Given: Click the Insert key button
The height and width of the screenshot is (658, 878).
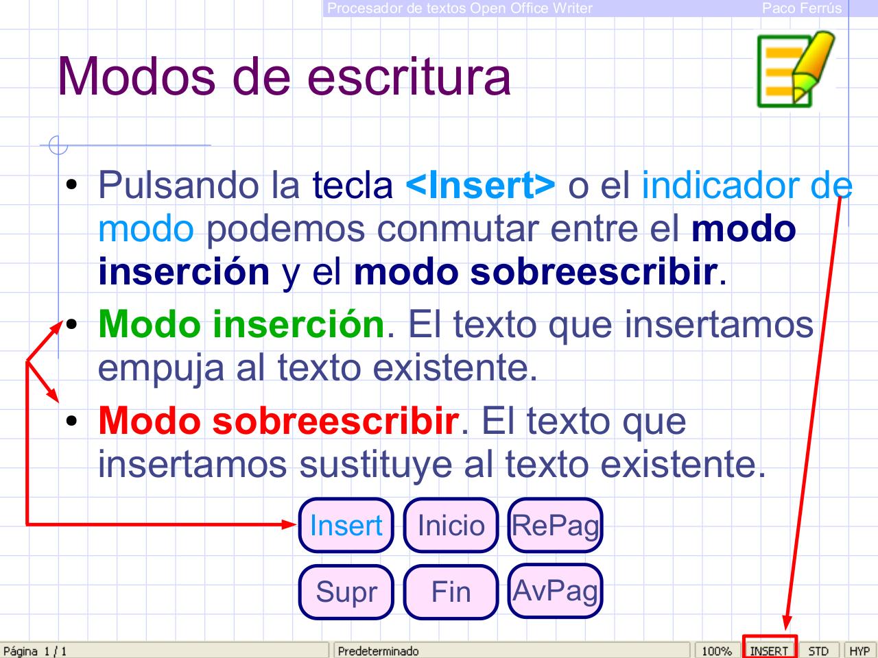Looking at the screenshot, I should pyautogui.click(x=346, y=526).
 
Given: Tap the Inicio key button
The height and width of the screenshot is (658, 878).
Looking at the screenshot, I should pyautogui.click(x=451, y=526).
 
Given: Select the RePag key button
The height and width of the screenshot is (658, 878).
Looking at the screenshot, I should pyautogui.click(x=555, y=526).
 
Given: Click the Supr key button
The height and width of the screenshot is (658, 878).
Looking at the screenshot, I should pyautogui.click(x=346, y=592).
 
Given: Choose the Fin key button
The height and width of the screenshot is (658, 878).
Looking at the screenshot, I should pyautogui.click(x=451, y=592).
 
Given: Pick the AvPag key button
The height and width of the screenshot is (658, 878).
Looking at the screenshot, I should pyautogui.click(x=555, y=590).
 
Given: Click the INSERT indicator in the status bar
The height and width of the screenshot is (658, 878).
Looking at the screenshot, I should pyautogui.click(x=769, y=650).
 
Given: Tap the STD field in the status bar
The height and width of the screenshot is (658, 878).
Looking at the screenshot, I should pyautogui.click(x=818, y=650).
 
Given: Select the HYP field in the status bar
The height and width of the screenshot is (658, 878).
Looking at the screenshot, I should pyautogui.click(x=859, y=650).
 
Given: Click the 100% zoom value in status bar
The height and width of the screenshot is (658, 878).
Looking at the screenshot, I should pyautogui.click(x=717, y=650).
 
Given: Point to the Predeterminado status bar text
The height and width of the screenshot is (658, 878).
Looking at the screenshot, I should pyautogui.click(x=378, y=650).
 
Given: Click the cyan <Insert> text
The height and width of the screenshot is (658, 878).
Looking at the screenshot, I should pyautogui.click(x=481, y=184).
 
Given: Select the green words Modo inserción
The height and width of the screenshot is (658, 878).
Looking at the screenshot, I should pyautogui.click(x=241, y=324).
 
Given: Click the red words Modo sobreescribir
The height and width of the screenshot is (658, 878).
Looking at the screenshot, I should pyautogui.click(x=278, y=420).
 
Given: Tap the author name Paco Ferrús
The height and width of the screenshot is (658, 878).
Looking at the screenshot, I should pyautogui.click(x=801, y=8).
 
